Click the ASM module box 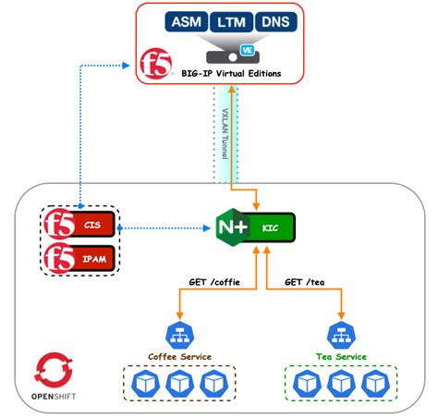tap(187, 21)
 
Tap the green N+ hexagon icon tap(231, 227)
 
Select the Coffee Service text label tap(179, 356)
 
